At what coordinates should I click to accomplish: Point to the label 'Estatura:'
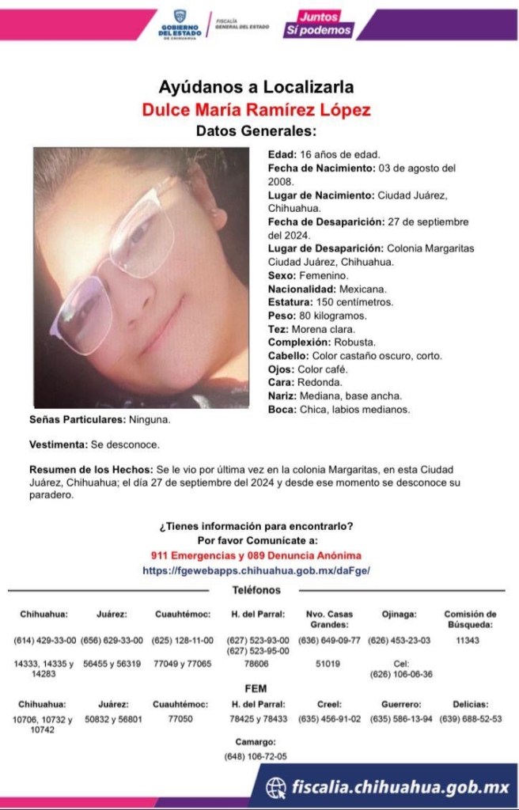coord(288,302)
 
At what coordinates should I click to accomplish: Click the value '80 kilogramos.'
coord(328,316)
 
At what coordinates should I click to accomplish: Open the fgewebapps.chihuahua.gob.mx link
coord(256,570)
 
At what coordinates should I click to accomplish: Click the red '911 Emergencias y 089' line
coord(256,555)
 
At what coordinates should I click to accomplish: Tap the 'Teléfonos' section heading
coord(256,590)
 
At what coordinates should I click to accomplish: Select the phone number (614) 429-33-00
coord(45,641)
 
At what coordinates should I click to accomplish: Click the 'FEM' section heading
coord(256,688)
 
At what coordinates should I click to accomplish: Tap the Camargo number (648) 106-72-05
coord(256,757)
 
